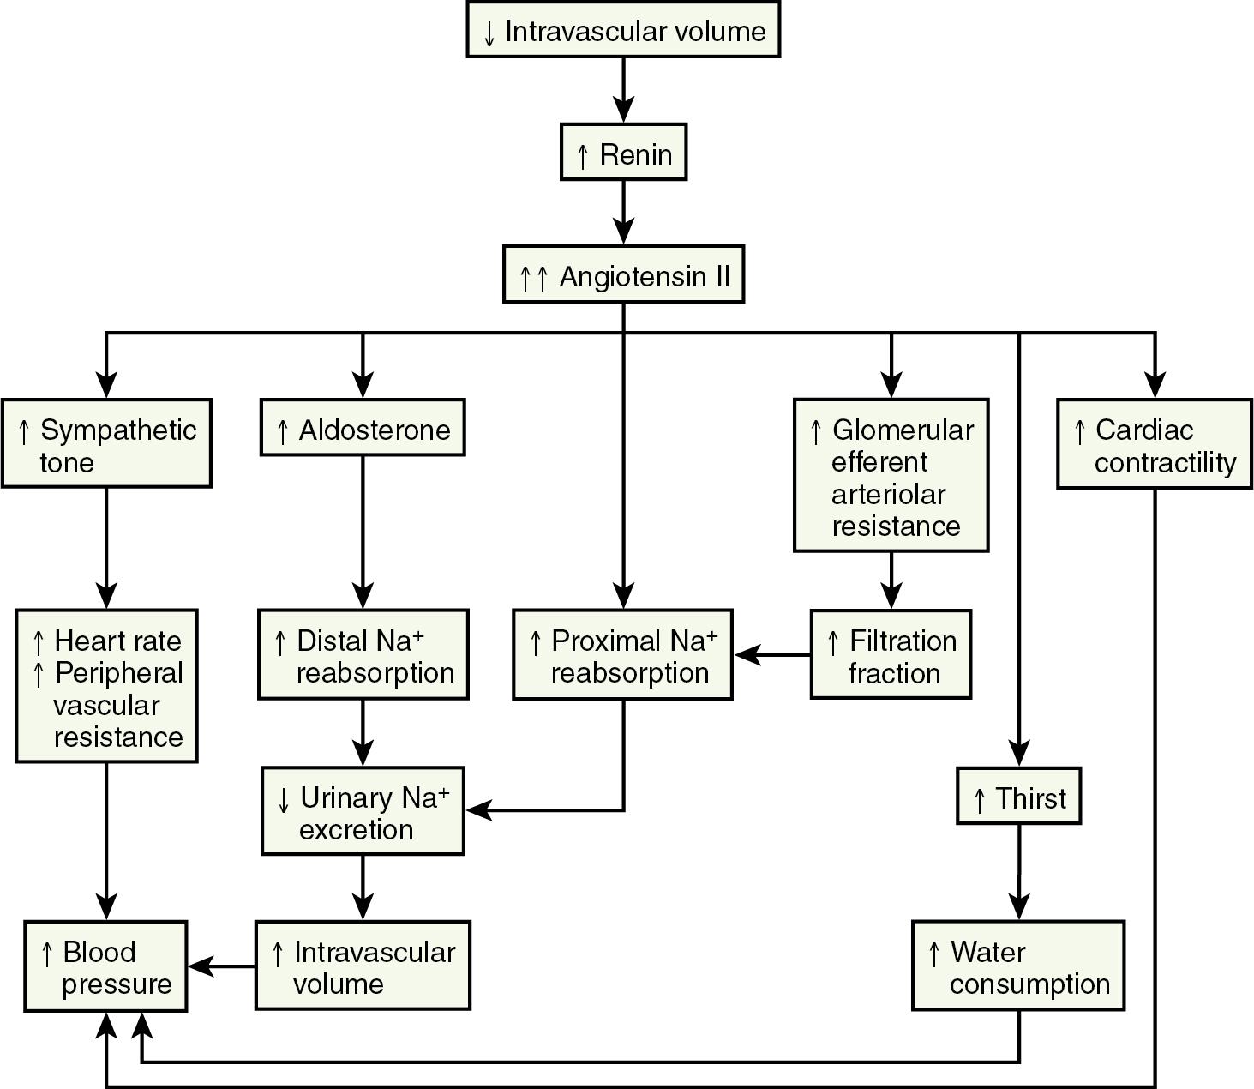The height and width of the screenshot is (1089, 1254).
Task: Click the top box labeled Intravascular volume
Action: coord(623,30)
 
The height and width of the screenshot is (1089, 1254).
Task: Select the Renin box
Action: coord(623,153)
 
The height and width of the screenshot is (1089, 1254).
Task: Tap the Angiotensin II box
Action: coord(623,275)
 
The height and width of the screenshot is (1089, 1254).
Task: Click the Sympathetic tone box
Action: coord(106,444)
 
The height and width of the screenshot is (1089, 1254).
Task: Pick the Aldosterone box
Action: coord(363,428)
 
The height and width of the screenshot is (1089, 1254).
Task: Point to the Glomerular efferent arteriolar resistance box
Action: coord(891,475)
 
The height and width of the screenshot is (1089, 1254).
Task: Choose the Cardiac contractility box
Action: coord(1154,444)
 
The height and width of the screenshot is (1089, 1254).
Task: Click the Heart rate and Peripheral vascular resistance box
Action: coord(106,687)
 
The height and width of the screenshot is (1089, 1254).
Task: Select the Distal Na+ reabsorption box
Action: coord(363,655)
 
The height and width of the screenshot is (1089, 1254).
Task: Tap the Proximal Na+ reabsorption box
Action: coord(623,655)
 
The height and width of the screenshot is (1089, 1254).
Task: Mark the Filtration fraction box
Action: coord(891,655)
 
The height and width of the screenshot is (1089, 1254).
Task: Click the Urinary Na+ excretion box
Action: coord(363,812)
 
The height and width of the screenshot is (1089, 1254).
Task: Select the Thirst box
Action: coord(1018,797)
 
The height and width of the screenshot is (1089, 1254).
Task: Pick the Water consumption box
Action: coord(1018,966)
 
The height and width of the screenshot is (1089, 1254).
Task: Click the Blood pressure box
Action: coord(105,966)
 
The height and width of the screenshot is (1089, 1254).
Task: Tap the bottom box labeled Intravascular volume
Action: coord(363,966)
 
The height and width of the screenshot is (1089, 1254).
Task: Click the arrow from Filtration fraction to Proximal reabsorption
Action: coord(771,655)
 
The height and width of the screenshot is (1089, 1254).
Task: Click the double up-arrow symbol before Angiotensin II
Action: coord(532,277)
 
